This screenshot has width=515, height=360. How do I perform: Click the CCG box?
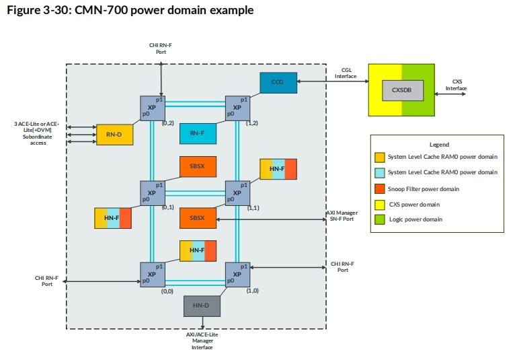[277, 82]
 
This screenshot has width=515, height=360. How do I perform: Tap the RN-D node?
[114, 134]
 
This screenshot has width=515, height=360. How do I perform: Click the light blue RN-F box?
[197, 133]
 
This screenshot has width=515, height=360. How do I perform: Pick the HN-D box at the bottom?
[201, 306]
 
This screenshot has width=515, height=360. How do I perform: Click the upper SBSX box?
[197, 166]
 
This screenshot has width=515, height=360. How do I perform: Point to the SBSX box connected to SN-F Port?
[197, 218]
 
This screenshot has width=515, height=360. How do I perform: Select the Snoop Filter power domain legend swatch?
[381, 189]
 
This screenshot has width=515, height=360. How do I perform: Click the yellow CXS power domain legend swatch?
[381, 205]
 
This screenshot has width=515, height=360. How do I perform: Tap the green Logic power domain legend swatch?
[381, 219]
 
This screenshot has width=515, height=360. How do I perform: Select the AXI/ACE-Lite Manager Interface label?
[202, 340]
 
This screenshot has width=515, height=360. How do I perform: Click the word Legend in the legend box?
[438, 144]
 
